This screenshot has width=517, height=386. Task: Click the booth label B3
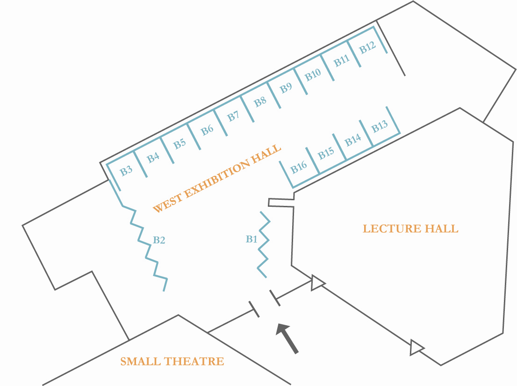(126, 171)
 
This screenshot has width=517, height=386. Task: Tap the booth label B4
(153, 158)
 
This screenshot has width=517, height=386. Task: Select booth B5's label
(180, 144)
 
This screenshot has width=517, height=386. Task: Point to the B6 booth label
(207, 130)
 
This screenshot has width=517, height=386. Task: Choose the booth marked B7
(233, 116)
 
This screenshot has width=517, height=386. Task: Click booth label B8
(260, 102)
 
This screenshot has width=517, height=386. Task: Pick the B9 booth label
(286, 88)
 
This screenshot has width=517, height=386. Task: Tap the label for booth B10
(313, 75)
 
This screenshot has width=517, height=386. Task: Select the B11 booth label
(341, 61)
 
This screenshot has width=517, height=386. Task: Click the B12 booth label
(367, 47)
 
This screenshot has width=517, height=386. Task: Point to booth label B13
(380, 126)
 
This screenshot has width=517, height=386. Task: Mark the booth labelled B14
(353, 140)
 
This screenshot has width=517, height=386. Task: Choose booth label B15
(326, 153)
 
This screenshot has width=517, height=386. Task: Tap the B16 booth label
(299, 167)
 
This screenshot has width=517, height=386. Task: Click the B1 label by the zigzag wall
(251, 240)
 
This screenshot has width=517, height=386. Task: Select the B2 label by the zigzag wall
(159, 240)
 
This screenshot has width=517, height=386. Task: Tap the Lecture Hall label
(410, 229)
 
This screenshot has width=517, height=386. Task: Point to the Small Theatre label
(172, 362)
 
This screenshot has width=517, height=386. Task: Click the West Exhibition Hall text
(217, 179)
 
